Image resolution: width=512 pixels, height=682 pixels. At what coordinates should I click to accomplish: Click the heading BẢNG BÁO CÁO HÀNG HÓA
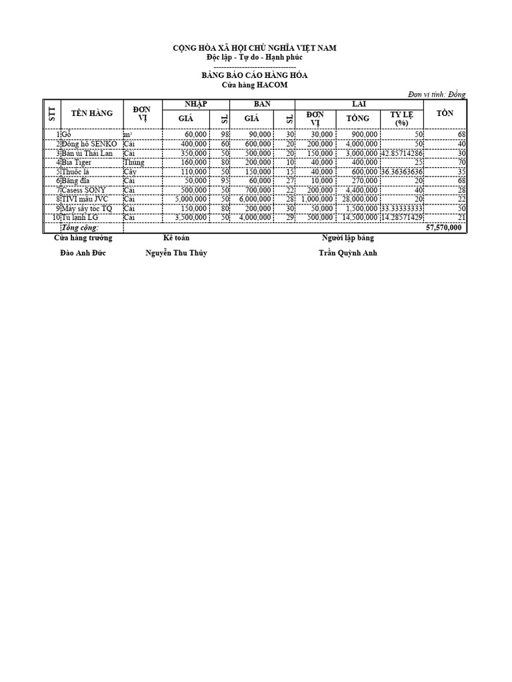[x=255, y=76]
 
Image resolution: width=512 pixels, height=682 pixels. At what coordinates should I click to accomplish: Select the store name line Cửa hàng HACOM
[x=255, y=85]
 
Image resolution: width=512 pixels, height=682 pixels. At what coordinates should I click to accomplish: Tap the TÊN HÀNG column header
[x=92, y=114]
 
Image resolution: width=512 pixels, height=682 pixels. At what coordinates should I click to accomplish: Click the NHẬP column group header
[x=196, y=104]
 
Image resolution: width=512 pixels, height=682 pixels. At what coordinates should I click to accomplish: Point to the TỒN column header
[x=445, y=113]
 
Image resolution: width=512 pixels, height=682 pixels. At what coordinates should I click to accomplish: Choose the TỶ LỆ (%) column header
[x=401, y=119]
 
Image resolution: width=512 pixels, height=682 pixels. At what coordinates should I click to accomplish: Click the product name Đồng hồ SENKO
[x=91, y=144]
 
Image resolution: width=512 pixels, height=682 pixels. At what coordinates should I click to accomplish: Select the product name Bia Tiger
[x=77, y=162]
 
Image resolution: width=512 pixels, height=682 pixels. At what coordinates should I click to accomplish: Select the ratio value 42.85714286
[x=402, y=153]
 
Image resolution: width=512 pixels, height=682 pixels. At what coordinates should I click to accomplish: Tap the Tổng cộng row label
[x=80, y=227]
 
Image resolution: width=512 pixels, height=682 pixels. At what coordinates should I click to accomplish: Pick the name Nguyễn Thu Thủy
[x=176, y=253]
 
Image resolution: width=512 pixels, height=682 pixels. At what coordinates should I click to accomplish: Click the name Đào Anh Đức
[x=83, y=253]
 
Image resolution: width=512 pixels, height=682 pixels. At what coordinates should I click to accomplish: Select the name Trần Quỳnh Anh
[x=347, y=253]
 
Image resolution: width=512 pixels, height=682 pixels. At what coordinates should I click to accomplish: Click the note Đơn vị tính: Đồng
[x=437, y=95]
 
